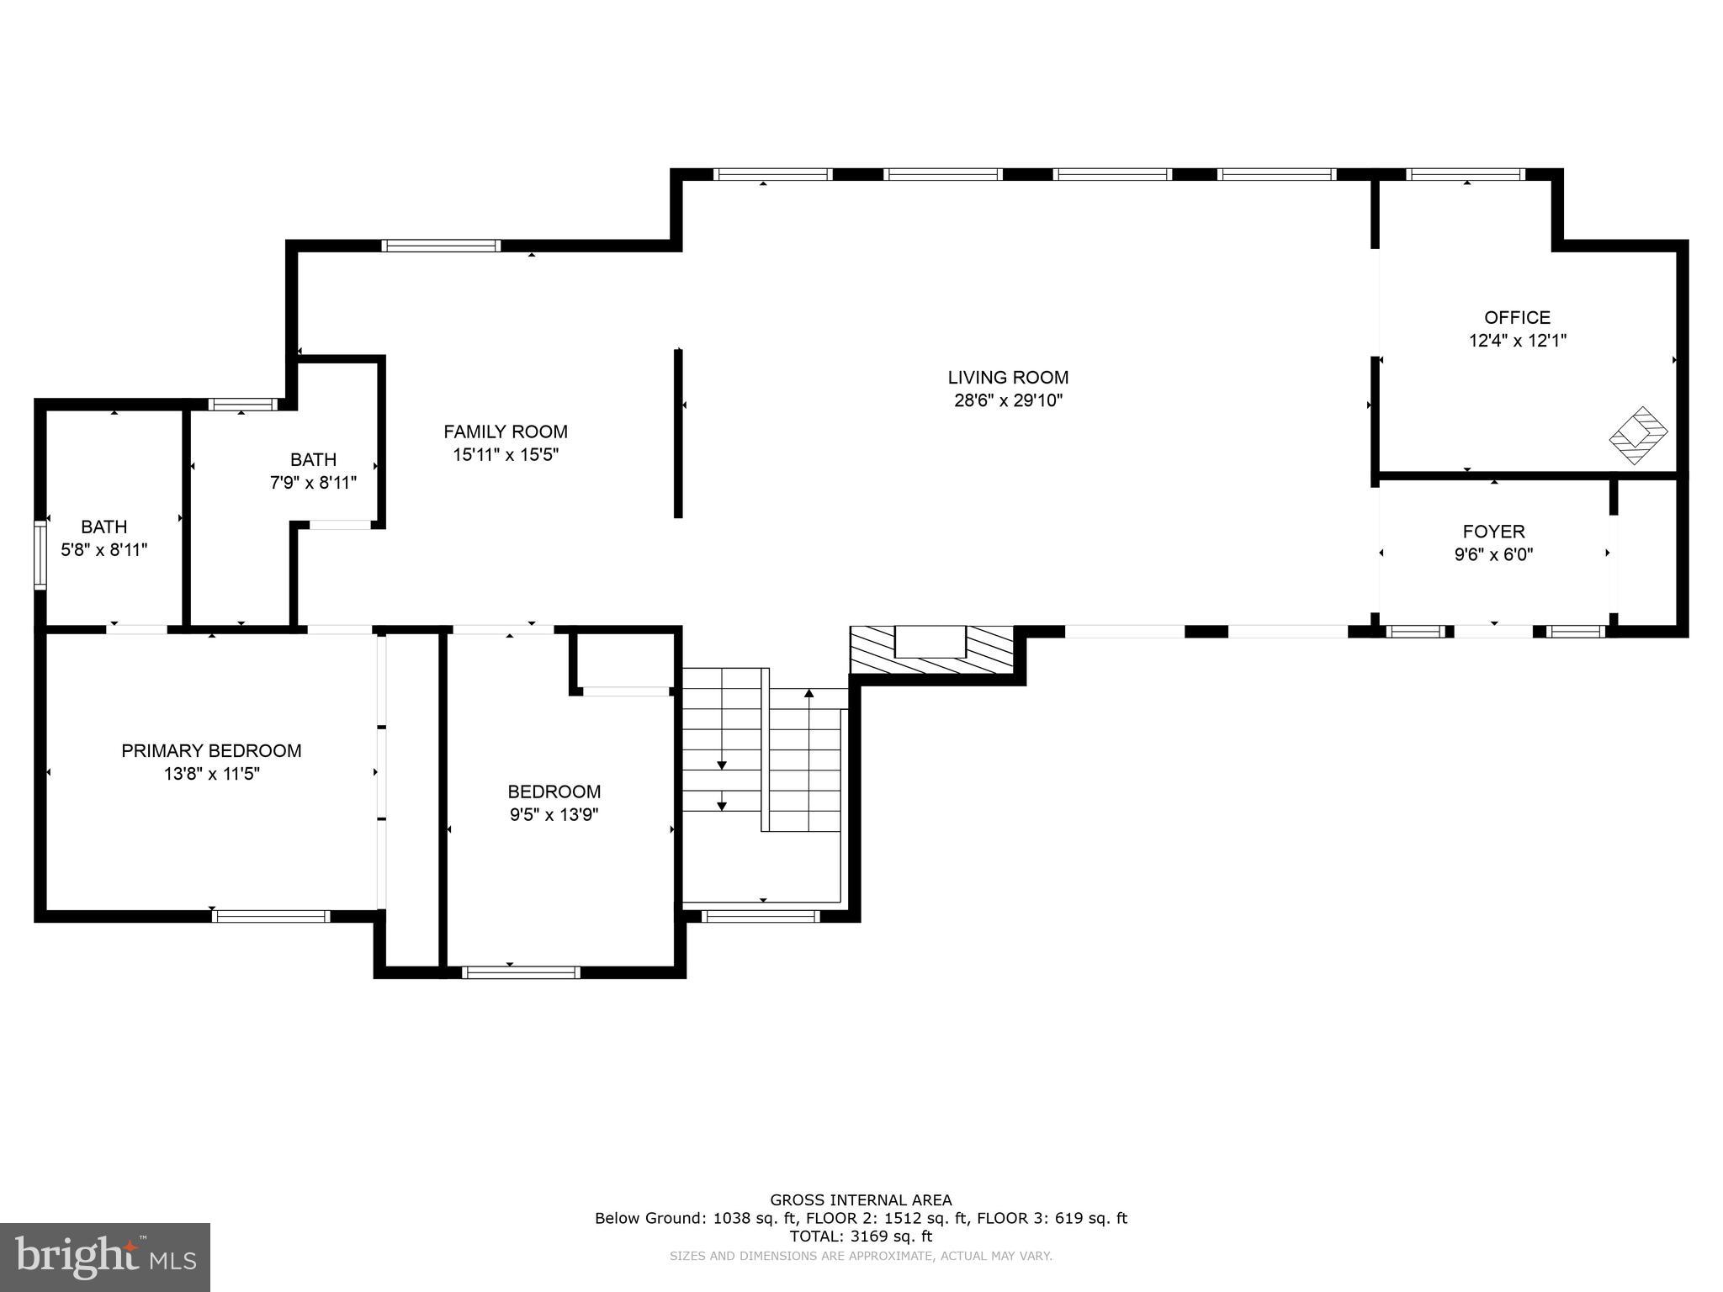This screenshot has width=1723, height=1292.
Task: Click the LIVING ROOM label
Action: tap(1008, 378)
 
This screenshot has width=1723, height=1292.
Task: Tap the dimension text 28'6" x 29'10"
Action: tap(1008, 401)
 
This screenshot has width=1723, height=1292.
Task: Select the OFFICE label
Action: tap(1517, 318)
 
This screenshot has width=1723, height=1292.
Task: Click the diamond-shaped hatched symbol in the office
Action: tap(1638, 435)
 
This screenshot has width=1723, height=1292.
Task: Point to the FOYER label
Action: tap(1493, 532)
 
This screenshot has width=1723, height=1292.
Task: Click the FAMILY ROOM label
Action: tap(506, 432)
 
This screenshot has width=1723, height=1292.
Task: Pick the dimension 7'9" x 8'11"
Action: tap(313, 483)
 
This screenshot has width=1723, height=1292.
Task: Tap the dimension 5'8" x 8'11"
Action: tap(104, 550)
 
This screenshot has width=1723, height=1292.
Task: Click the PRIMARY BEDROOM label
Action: tap(211, 750)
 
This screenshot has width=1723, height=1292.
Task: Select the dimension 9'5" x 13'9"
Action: tap(554, 814)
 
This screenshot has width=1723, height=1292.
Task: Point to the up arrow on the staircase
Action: tap(808, 695)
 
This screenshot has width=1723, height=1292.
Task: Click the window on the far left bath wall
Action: tap(40, 554)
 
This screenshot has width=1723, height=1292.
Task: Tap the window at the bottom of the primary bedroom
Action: tap(271, 916)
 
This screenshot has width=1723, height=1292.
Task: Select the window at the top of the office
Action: tap(1466, 175)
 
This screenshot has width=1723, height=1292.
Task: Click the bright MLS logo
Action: tap(104, 1257)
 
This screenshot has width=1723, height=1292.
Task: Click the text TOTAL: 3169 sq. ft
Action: tap(861, 1236)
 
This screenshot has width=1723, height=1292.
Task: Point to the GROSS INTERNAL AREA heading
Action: tap(861, 1200)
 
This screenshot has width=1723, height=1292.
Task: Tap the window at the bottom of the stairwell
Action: tap(760, 916)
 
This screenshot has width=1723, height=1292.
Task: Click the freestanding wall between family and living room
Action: tap(678, 433)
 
